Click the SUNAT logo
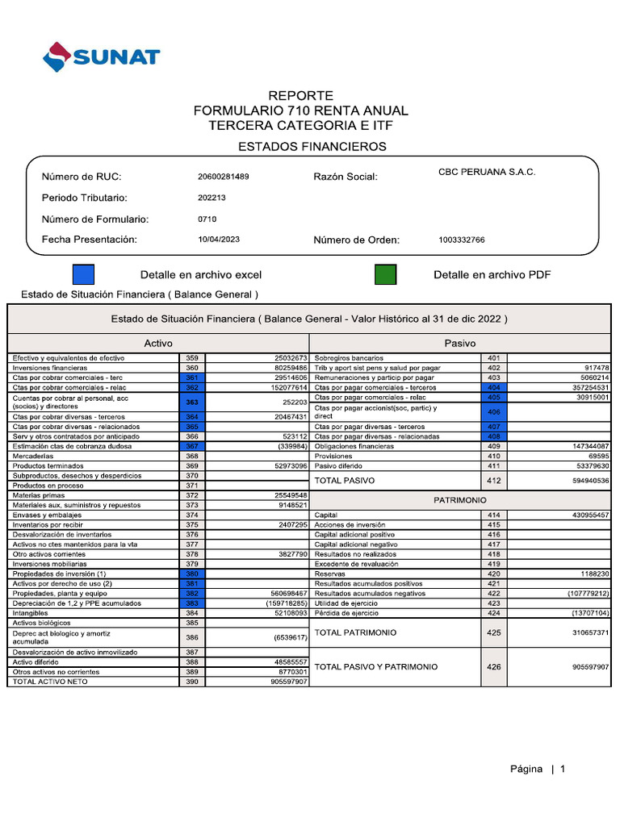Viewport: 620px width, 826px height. click(x=102, y=56)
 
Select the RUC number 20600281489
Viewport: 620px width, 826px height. click(x=223, y=177)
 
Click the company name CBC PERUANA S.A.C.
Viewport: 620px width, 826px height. click(x=486, y=172)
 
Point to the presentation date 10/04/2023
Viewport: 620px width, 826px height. click(x=218, y=240)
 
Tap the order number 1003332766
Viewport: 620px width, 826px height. click(x=462, y=240)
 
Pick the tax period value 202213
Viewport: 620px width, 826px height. click(x=212, y=198)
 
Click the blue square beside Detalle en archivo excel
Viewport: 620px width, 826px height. click(x=83, y=275)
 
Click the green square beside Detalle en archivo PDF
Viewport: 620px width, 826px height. click(x=385, y=275)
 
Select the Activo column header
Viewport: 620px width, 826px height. click(x=158, y=343)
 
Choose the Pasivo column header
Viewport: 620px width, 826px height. click(x=460, y=343)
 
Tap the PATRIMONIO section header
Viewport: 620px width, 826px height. click(x=460, y=500)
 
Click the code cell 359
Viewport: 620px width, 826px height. click(x=192, y=358)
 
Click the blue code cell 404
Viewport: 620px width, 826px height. click(x=494, y=388)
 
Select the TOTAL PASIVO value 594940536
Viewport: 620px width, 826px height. click(x=580, y=481)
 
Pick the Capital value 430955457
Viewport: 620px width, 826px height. click(x=580, y=515)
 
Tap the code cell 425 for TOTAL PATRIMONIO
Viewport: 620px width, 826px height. click(x=494, y=633)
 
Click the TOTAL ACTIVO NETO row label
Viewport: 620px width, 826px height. click(x=50, y=682)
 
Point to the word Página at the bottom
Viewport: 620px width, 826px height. click(x=526, y=769)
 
